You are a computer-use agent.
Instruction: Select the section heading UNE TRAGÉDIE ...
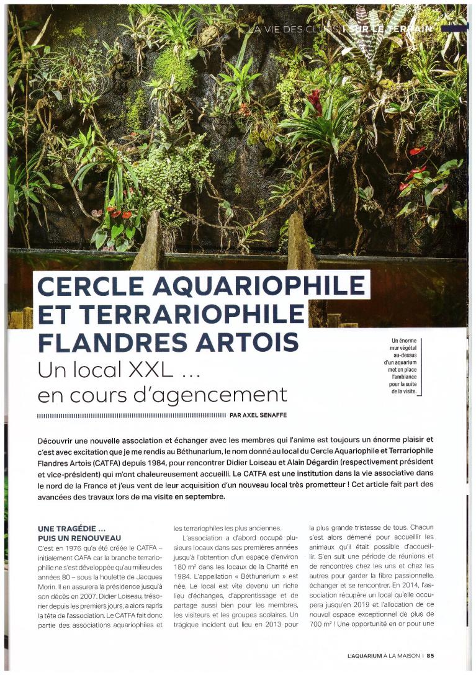pos(69,529)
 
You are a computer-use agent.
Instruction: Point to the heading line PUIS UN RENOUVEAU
pos(79,538)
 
